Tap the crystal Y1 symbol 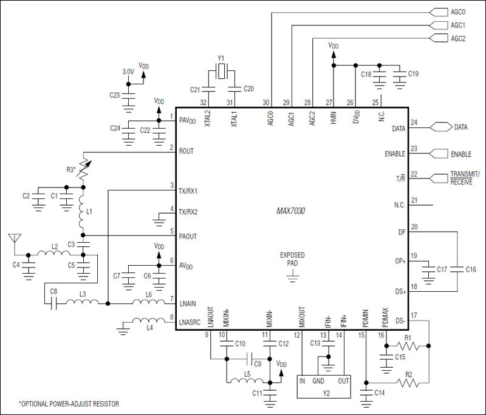click(x=223, y=72)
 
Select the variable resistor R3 click(x=84, y=169)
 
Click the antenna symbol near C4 click(x=13, y=238)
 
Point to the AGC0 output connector click(x=439, y=12)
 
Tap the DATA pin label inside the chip click(x=398, y=129)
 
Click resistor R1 click(x=408, y=346)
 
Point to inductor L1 click(x=83, y=212)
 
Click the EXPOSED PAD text click(x=292, y=259)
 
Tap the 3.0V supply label click(x=128, y=72)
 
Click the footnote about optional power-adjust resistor click(x=69, y=403)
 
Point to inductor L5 click(x=247, y=382)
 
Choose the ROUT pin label click(x=186, y=151)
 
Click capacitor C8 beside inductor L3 click(x=53, y=302)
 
